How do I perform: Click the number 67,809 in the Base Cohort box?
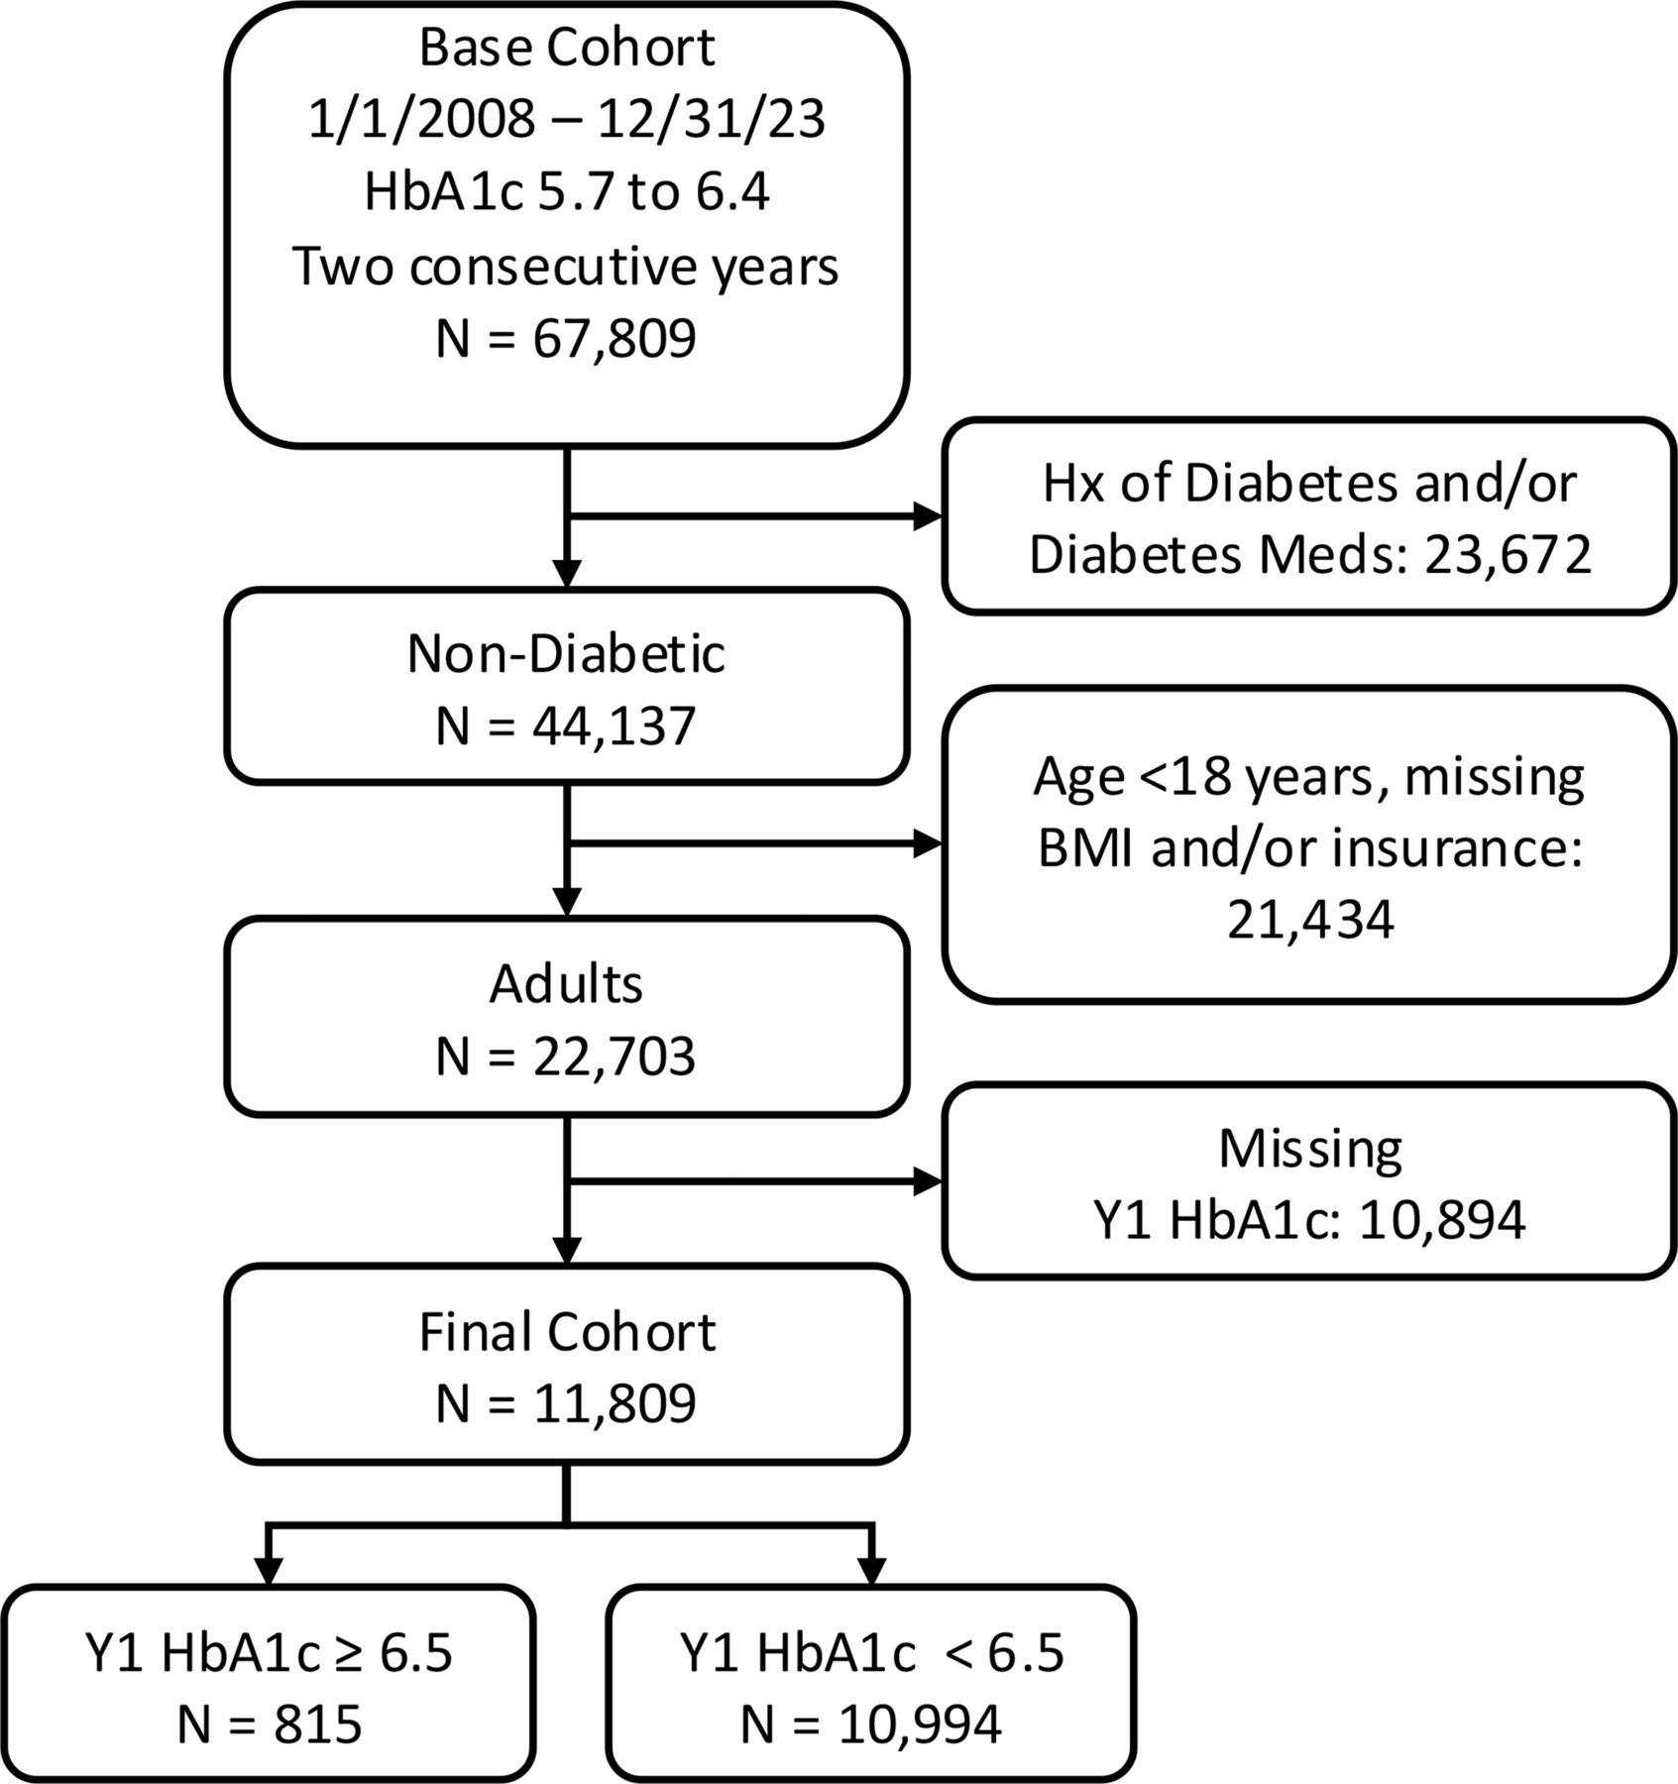point(615,339)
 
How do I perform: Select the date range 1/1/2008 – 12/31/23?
point(567,119)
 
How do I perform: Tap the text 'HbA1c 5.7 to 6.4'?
point(567,192)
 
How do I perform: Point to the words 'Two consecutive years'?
point(567,266)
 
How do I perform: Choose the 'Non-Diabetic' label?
point(567,654)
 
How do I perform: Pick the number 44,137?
point(615,726)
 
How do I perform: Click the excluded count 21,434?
point(1310,921)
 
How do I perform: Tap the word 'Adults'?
point(567,984)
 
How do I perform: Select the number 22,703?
point(615,1058)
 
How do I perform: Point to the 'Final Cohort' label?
point(567,1332)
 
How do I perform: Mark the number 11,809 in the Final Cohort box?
point(615,1404)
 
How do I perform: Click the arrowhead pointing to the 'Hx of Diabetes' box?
point(927,516)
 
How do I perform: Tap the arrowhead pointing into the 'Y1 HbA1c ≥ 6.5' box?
point(269,1571)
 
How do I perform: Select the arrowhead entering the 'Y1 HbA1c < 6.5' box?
point(870,1571)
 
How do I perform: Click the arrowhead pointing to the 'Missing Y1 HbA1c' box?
point(927,1181)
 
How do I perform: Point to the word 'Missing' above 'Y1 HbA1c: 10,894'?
point(1310,1150)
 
